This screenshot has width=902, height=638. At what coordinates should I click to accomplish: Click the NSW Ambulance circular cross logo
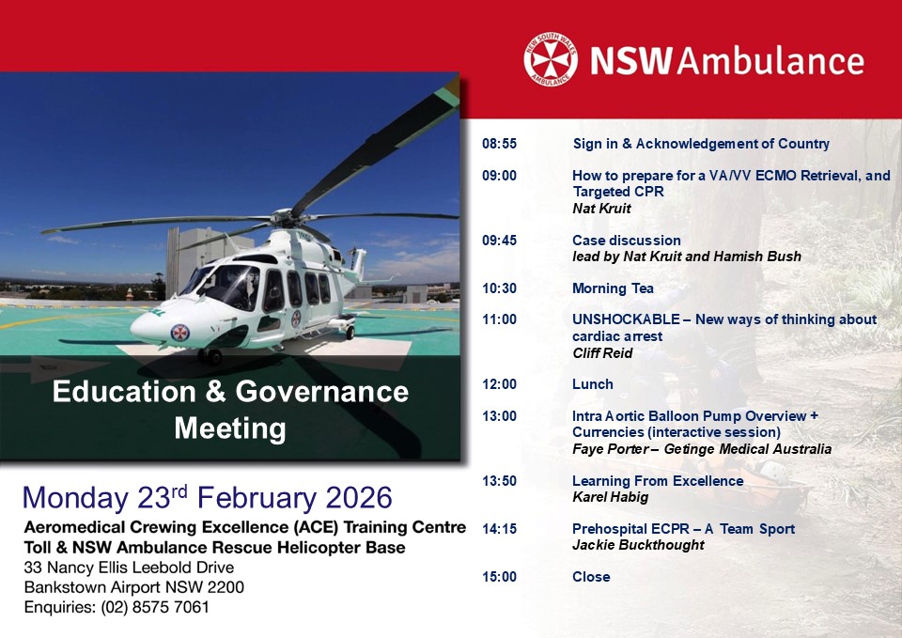tap(551, 60)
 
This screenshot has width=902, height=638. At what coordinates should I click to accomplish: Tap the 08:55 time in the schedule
tap(499, 144)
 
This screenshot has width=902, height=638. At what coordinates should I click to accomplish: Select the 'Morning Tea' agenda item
tap(613, 288)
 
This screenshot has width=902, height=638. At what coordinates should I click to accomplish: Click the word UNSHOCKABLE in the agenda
tap(626, 319)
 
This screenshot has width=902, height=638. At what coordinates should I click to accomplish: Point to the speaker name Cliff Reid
tap(602, 353)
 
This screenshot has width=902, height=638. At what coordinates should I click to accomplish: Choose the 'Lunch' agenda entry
tap(593, 384)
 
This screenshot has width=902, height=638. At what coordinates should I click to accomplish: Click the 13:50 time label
tap(499, 481)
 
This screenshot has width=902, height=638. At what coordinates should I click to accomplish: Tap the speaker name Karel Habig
tap(611, 497)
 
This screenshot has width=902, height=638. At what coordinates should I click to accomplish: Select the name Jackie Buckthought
tap(638, 545)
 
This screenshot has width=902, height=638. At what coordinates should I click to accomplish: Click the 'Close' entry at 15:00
tap(591, 576)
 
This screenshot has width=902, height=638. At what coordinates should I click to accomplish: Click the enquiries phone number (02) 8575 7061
tap(155, 607)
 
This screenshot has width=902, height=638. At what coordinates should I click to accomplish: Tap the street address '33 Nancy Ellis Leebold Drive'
tap(129, 568)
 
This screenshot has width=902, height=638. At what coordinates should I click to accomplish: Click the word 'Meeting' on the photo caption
tap(230, 428)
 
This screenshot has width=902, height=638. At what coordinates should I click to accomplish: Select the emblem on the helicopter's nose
tap(180, 333)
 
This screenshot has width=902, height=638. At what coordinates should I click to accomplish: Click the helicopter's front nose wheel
tap(211, 357)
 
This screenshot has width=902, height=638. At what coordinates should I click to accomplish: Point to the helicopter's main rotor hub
tap(284, 217)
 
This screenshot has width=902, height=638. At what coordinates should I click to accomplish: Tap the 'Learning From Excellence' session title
tap(658, 481)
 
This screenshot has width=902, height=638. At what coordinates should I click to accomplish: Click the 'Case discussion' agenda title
tap(627, 241)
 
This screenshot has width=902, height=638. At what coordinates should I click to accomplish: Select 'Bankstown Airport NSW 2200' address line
tap(134, 587)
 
